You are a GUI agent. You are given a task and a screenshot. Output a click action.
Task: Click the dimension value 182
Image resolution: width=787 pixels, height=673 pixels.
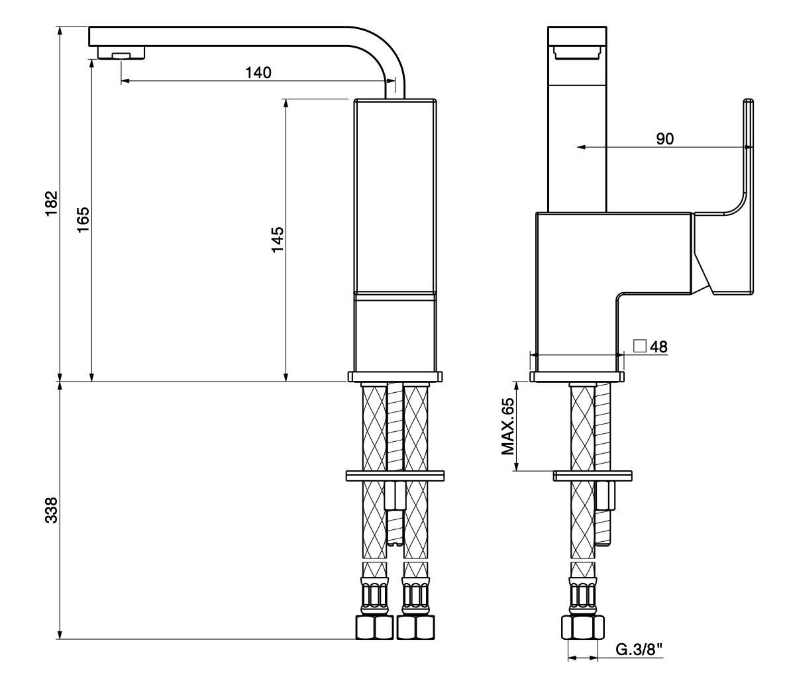tap(52, 203)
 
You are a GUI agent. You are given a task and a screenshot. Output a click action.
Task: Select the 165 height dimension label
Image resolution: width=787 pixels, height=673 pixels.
tap(83, 219)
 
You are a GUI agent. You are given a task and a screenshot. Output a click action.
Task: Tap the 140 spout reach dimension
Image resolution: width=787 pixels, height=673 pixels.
tap(258, 73)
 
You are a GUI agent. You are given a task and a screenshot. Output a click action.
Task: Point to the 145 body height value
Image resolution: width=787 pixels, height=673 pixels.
tap(277, 240)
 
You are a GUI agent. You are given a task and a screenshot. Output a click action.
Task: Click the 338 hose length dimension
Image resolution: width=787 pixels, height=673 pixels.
tap(52, 511)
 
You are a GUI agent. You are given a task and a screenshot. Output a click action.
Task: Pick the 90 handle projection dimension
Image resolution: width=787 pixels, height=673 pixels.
tap(664, 139)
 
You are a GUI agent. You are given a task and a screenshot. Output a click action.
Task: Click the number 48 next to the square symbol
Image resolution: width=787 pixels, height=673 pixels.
tap(658, 347)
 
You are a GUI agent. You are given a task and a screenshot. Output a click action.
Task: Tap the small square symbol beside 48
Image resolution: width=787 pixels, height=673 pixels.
tap(640, 346)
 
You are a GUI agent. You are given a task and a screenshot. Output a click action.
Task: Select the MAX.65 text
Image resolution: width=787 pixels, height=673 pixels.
tap(508, 427)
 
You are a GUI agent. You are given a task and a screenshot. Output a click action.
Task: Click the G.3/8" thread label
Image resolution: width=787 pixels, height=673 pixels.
tap(639, 649)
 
